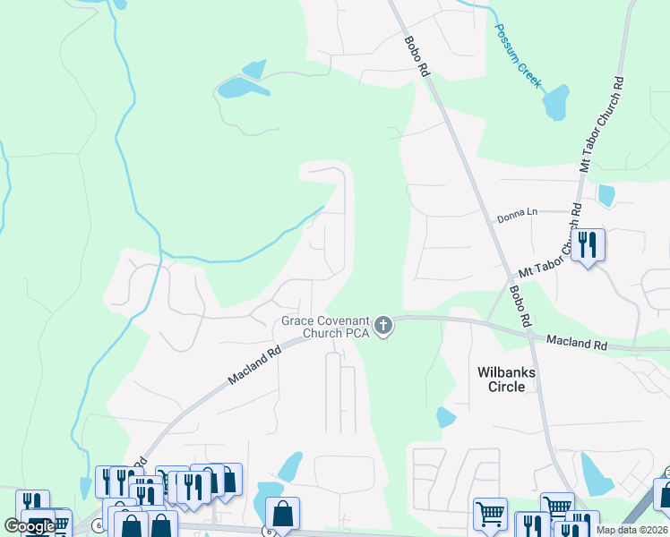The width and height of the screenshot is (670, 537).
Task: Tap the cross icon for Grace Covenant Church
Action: [383, 326]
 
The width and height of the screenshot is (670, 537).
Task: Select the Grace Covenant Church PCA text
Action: [323, 327]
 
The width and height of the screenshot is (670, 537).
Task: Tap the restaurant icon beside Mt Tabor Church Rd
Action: [588, 244]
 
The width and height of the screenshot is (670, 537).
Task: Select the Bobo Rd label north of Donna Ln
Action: [417, 56]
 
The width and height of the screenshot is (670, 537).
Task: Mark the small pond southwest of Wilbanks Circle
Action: [445, 417]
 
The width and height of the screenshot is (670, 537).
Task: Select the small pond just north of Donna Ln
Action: [606, 194]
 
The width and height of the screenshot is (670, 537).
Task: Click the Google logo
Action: [30, 526]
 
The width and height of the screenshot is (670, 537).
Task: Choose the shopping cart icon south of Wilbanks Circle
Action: [489, 515]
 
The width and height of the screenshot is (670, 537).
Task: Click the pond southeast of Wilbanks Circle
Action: [595, 474]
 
